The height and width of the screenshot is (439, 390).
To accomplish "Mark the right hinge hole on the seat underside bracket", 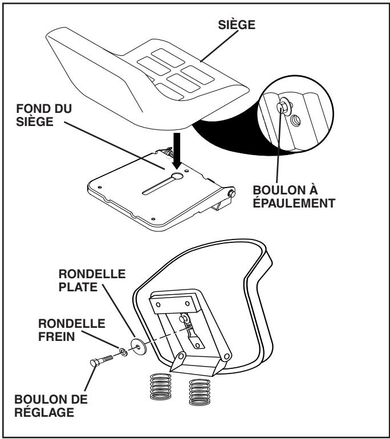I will [x=227, y=357].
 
